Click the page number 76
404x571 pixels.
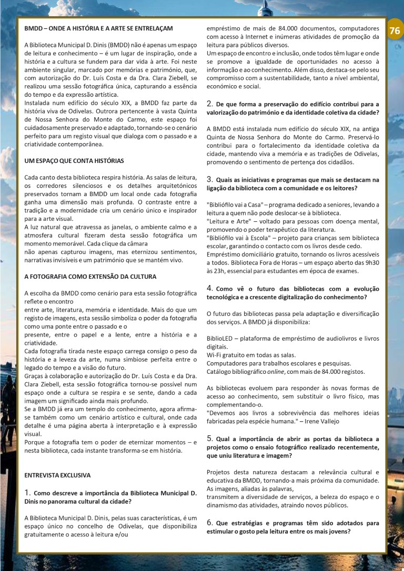click(x=395, y=31)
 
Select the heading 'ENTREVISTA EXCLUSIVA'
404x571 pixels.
click(x=58, y=475)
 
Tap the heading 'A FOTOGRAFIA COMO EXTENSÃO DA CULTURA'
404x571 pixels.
click(x=90, y=276)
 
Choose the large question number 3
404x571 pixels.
click(x=209, y=179)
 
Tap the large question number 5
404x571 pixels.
click(x=209, y=438)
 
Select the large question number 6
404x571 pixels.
click(x=209, y=523)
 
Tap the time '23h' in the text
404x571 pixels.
click(x=213, y=271)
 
